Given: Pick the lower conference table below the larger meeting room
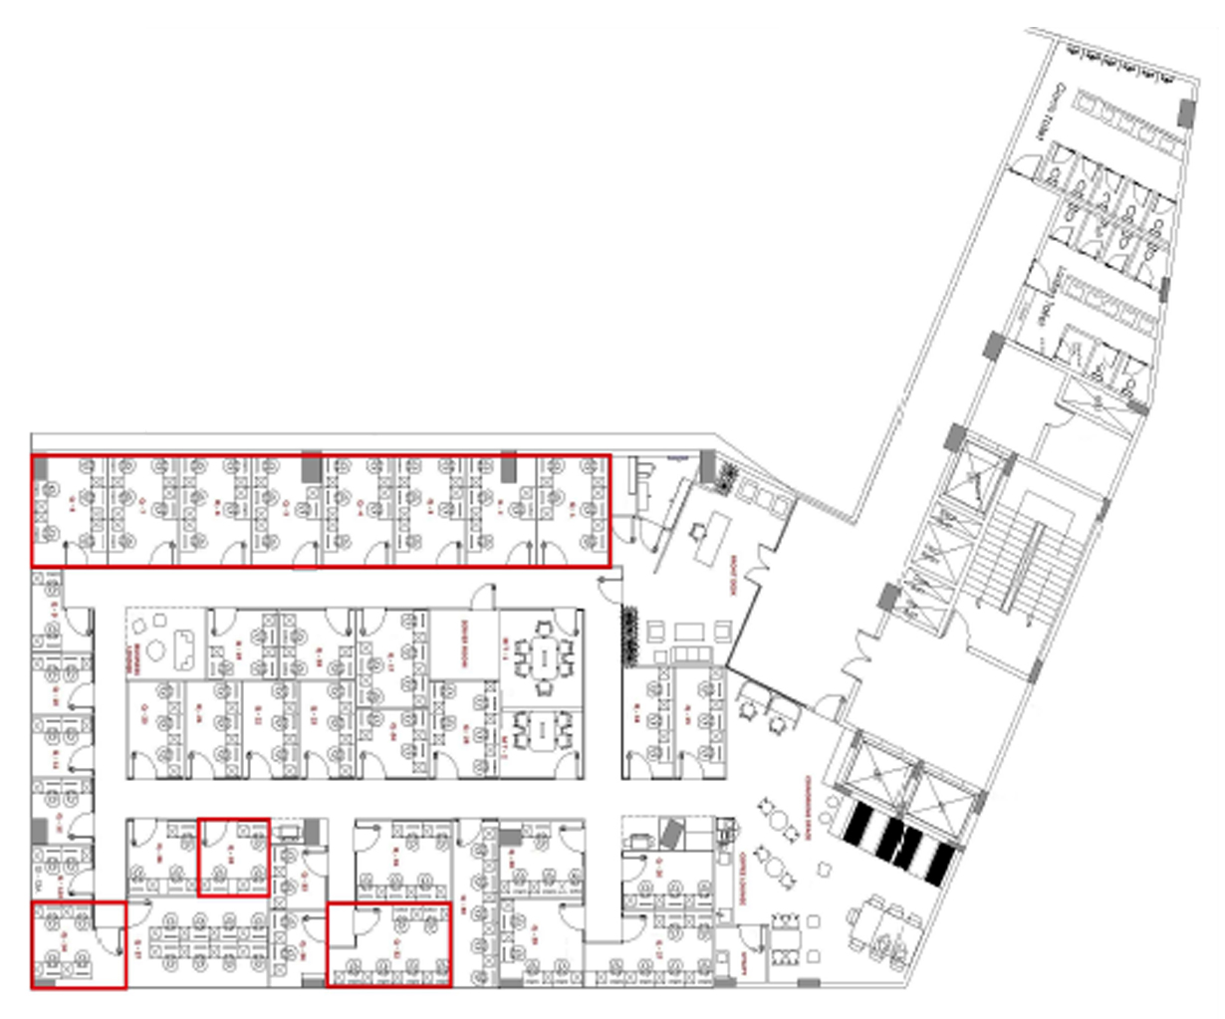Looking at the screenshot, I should [542, 735].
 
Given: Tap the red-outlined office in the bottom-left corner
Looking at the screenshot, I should [78, 944].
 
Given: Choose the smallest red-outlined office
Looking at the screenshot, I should [233, 857].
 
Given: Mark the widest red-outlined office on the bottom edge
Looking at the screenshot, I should [389, 944].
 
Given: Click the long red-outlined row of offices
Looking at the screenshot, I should [320, 510].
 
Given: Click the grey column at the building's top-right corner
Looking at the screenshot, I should [1185, 112].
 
